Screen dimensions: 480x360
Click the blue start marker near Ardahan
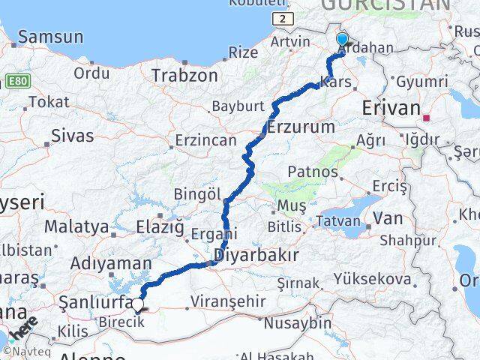(x=343, y=40)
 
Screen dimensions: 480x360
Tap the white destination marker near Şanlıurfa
(x=138, y=304)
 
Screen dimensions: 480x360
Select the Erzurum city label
(x=300, y=127)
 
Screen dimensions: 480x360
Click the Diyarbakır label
(x=256, y=255)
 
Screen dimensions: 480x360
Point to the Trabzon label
(x=184, y=76)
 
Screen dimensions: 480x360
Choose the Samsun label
(x=50, y=36)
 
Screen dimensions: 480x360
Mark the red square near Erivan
(x=427, y=118)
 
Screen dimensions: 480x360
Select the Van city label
(x=388, y=218)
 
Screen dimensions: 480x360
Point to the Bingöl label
(x=196, y=194)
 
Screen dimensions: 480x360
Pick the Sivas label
(x=73, y=136)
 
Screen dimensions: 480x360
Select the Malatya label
(x=76, y=226)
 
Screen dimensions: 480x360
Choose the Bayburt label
(x=239, y=106)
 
